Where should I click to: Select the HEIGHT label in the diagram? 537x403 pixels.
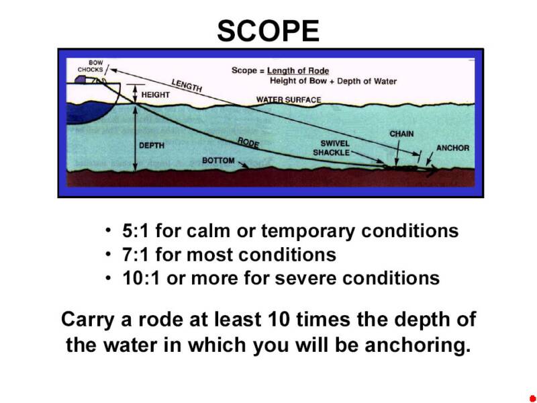click(x=156, y=95)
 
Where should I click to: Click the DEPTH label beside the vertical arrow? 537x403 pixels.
click(x=152, y=145)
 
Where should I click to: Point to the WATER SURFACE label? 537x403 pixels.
click(x=289, y=100)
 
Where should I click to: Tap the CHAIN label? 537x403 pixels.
click(x=401, y=134)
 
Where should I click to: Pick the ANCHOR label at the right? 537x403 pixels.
click(x=453, y=148)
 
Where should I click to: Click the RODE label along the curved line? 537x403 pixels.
click(x=248, y=142)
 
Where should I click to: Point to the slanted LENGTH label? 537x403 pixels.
click(x=187, y=85)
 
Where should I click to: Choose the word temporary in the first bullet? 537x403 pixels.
click(x=309, y=232)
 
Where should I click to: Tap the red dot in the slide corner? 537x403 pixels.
click(x=532, y=398)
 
